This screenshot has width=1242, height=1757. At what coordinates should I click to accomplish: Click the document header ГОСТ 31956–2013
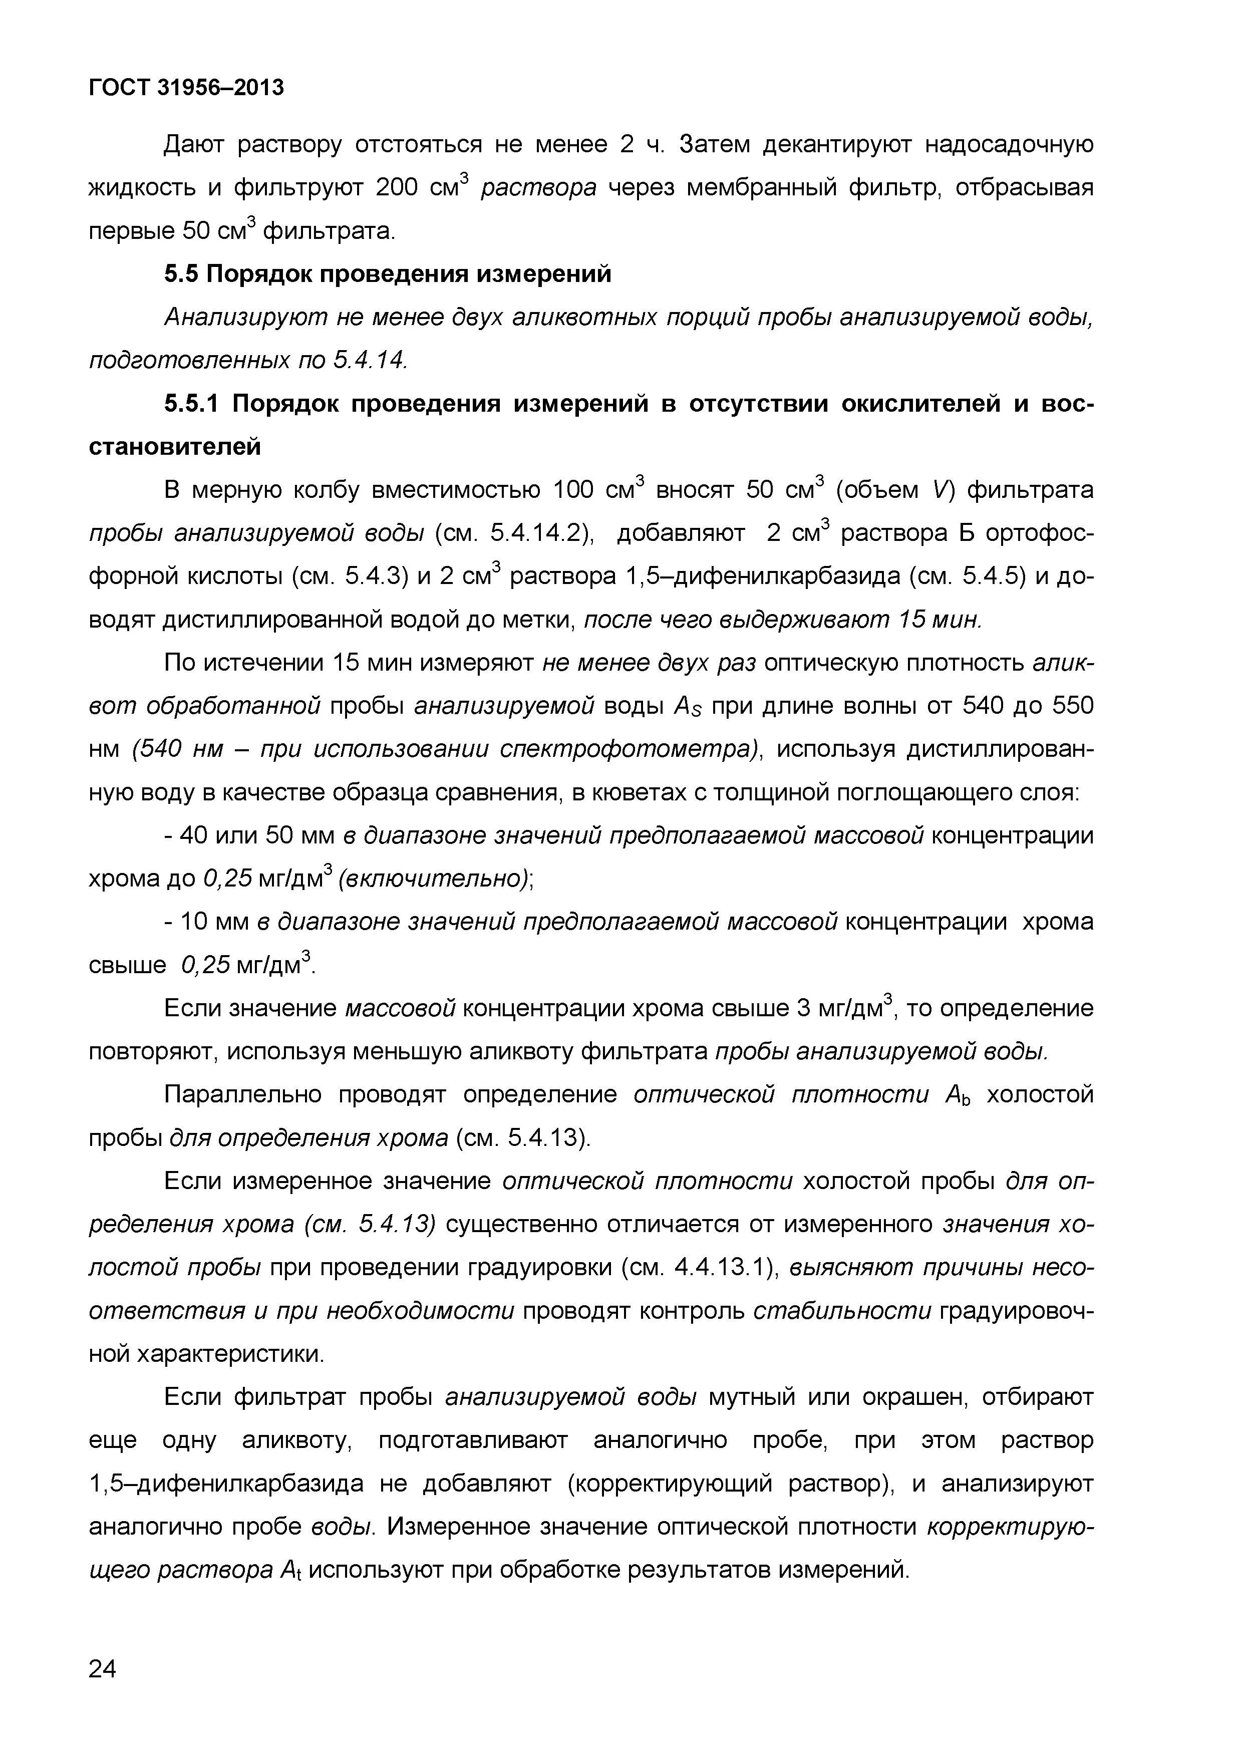coord(186,88)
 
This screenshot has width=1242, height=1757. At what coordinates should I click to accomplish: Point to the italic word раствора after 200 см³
coord(538,187)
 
